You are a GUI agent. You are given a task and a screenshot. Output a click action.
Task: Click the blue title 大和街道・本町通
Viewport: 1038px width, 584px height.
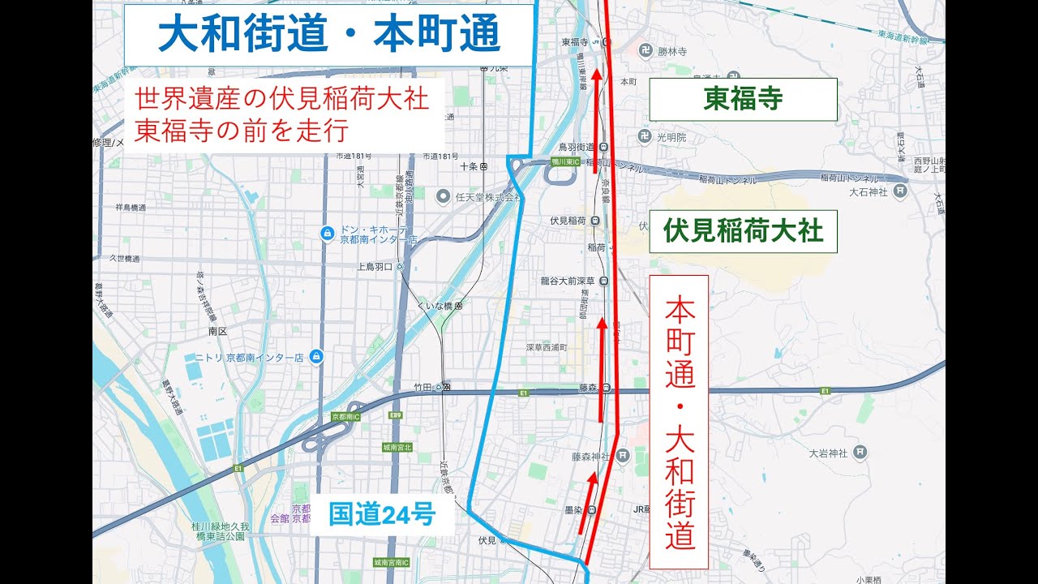click(x=328, y=35)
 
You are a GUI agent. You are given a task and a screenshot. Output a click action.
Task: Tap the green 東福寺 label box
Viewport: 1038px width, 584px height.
click(x=743, y=99)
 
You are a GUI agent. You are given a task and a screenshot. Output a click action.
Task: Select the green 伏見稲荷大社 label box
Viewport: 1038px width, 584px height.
click(x=743, y=231)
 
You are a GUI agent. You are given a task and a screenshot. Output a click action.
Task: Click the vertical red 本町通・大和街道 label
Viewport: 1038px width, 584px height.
click(x=679, y=422)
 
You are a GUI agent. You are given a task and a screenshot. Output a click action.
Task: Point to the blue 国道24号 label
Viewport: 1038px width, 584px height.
click(x=382, y=514)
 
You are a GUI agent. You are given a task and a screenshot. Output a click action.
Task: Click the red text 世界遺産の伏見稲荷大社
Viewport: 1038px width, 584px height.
click(x=281, y=100)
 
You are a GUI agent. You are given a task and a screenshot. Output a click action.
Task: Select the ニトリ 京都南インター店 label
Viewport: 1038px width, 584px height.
click(x=248, y=357)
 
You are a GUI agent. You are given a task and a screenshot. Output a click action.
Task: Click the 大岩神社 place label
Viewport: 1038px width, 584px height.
click(x=828, y=453)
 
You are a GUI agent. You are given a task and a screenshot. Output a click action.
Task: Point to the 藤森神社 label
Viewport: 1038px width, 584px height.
click(x=590, y=457)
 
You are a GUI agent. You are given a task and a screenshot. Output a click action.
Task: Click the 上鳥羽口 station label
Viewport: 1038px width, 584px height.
click(x=375, y=266)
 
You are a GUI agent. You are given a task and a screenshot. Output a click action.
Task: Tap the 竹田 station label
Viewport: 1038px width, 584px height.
click(x=425, y=388)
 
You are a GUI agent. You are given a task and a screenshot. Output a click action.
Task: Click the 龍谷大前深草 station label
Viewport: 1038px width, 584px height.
click(x=568, y=281)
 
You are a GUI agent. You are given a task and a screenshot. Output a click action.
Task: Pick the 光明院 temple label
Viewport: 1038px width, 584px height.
click(x=671, y=137)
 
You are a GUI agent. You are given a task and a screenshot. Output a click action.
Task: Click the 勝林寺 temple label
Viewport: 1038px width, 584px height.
click(x=672, y=51)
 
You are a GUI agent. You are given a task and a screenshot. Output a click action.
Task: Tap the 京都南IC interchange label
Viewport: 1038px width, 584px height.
click(x=345, y=416)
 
